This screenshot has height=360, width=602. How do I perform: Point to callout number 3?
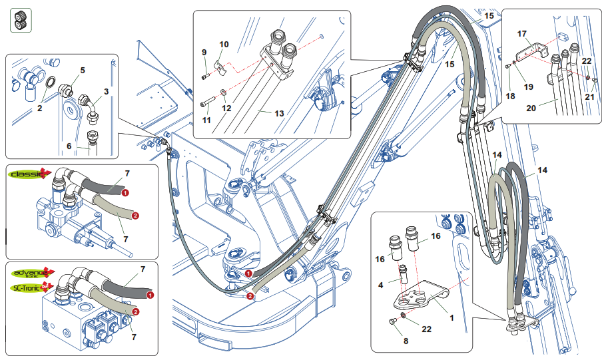click(x=106, y=91)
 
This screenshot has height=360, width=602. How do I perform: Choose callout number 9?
click(x=204, y=52)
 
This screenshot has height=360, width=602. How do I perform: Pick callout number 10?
click(x=224, y=44)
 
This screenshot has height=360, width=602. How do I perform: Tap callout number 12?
click(x=226, y=108)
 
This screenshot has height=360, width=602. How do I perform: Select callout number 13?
click(x=279, y=114)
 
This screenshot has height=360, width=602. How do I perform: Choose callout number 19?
click(x=529, y=87)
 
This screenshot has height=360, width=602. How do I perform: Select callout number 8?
click(x=406, y=341)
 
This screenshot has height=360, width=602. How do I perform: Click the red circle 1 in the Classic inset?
click(x=126, y=192)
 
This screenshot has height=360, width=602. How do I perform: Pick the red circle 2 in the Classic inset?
click(x=135, y=215)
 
